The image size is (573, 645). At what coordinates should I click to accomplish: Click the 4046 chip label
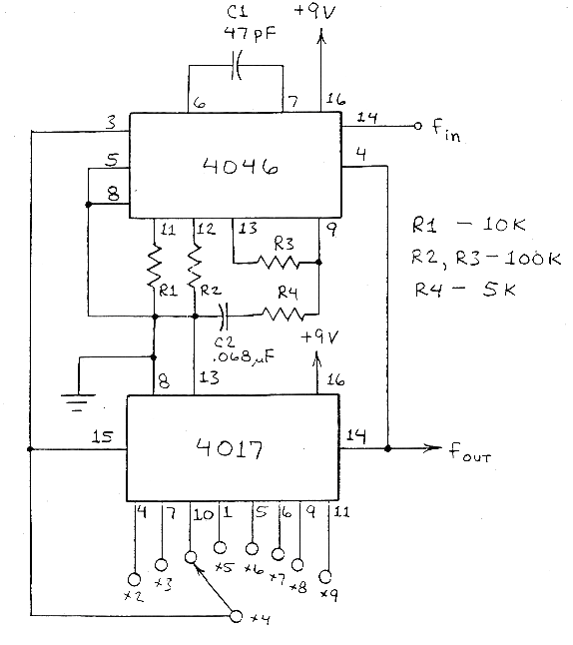(241, 166)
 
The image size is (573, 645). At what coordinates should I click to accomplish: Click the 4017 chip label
(230, 448)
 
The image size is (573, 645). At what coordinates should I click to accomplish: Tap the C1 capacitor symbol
(237, 65)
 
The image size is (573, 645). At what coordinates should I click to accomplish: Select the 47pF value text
(250, 33)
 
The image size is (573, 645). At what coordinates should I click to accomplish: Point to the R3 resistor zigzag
(279, 262)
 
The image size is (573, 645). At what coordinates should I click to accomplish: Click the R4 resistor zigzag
(284, 315)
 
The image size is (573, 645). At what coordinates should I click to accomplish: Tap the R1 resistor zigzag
(154, 266)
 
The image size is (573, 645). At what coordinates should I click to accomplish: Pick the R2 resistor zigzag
(194, 266)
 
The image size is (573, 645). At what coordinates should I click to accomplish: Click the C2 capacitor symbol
(223, 317)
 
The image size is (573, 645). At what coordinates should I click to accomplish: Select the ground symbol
(78, 402)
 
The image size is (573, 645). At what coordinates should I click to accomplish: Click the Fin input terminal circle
(417, 126)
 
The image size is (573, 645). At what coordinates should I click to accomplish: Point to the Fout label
(469, 451)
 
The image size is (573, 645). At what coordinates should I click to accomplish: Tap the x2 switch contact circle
(134, 579)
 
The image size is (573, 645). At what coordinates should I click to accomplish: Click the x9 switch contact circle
(325, 577)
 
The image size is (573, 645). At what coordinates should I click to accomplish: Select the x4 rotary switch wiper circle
(237, 616)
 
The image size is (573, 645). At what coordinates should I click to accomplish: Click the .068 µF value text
(241, 356)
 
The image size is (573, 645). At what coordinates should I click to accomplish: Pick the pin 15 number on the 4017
(102, 436)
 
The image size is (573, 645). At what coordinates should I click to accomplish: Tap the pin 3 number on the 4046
(111, 122)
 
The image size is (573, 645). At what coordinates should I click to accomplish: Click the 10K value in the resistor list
(504, 225)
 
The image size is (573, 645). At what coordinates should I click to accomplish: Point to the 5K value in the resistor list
(498, 290)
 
